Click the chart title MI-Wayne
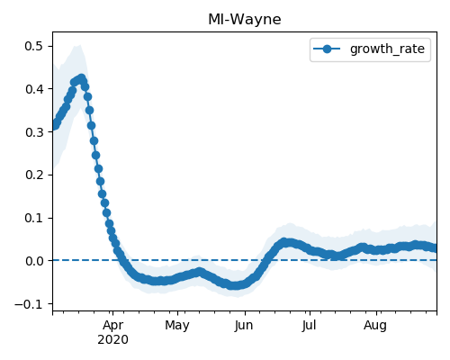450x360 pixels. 245,20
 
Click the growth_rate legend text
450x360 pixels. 387,49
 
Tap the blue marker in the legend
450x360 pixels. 327,49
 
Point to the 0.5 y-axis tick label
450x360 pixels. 34,46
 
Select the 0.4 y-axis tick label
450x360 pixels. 34,89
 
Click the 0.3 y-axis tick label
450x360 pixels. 34,132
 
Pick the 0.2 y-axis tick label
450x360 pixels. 34,175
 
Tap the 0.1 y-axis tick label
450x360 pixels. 34,218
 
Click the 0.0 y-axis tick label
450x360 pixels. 34,261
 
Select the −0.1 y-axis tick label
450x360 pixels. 29,304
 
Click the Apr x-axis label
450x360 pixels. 112,326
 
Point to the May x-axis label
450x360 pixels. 177,326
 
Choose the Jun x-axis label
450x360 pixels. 244,326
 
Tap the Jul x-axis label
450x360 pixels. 309,326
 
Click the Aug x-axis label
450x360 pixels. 375,326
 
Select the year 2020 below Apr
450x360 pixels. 112,339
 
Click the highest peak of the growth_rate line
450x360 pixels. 81,78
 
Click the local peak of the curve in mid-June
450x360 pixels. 284,242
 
